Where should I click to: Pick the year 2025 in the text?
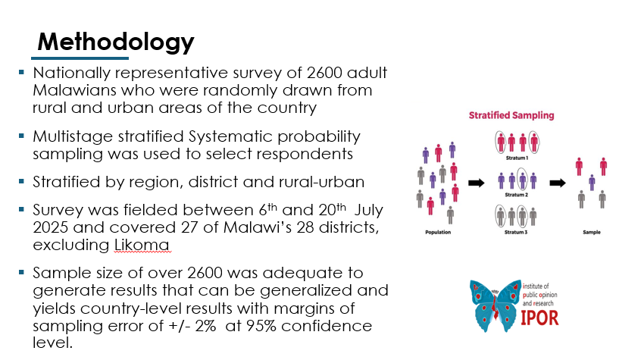pyautogui.click(x=51, y=227)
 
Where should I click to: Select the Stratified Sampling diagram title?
pyautogui.click(x=511, y=116)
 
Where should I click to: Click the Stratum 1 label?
pyautogui.click(x=516, y=160)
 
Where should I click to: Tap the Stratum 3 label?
pyautogui.click(x=516, y=232)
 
